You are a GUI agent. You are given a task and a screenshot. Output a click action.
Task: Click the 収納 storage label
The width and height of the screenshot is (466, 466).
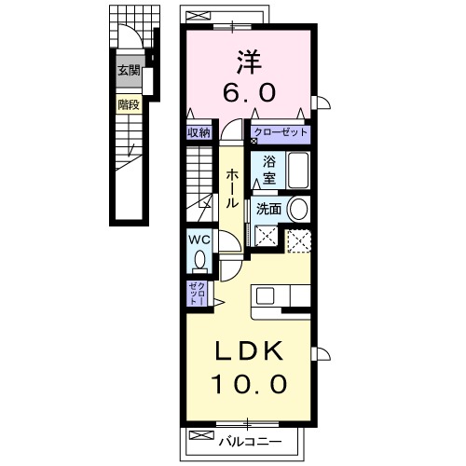click(x=198, y=133)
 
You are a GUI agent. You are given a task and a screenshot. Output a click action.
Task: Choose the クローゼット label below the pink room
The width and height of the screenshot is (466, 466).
click(x=280, y=133)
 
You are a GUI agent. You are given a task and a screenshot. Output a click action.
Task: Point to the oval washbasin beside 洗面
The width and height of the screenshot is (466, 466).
click(x=298, y=208)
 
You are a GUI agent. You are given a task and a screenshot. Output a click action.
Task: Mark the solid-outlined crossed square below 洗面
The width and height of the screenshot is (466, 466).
click(x=267, y=239)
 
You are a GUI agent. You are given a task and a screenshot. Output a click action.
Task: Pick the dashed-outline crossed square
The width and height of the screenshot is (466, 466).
click(x=298, y=240)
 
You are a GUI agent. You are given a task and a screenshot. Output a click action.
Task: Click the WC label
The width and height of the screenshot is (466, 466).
click(x=198, y=239)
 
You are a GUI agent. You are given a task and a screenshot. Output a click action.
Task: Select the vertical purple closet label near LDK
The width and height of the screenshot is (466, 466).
click(x=196, y=294)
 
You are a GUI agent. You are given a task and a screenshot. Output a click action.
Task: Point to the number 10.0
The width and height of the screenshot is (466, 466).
click(x=247, y=381)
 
